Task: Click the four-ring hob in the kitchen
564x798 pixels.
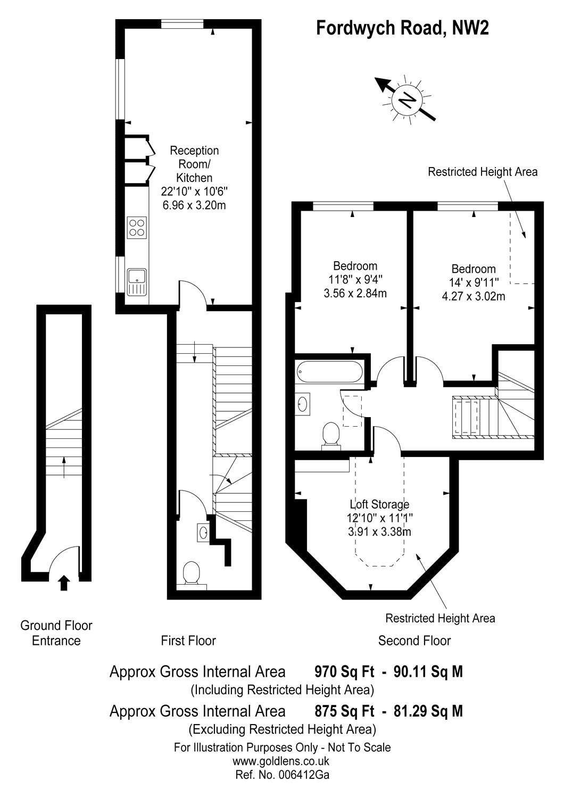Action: click(x=137, y=228)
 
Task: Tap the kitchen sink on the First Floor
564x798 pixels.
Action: click(x=136, y=282)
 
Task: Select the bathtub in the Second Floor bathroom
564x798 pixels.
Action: click(x=329, y=371)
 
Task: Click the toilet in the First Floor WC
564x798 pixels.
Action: click(x=192, y=574)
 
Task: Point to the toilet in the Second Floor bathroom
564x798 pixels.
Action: click(x=331, y=436)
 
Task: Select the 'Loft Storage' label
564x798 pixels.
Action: click(x=379, y=504)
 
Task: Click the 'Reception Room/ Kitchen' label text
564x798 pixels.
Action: click(x=194, y=164)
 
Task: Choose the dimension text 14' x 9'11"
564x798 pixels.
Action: click(x=474, y=282)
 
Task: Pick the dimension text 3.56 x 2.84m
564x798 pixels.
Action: click(x=355, y=293)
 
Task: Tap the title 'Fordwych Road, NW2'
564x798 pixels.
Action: click(x=402, y=28)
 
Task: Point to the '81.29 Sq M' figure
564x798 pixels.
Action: click(x=428, y=711)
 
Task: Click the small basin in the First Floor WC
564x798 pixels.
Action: click(x=203, y=533)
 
